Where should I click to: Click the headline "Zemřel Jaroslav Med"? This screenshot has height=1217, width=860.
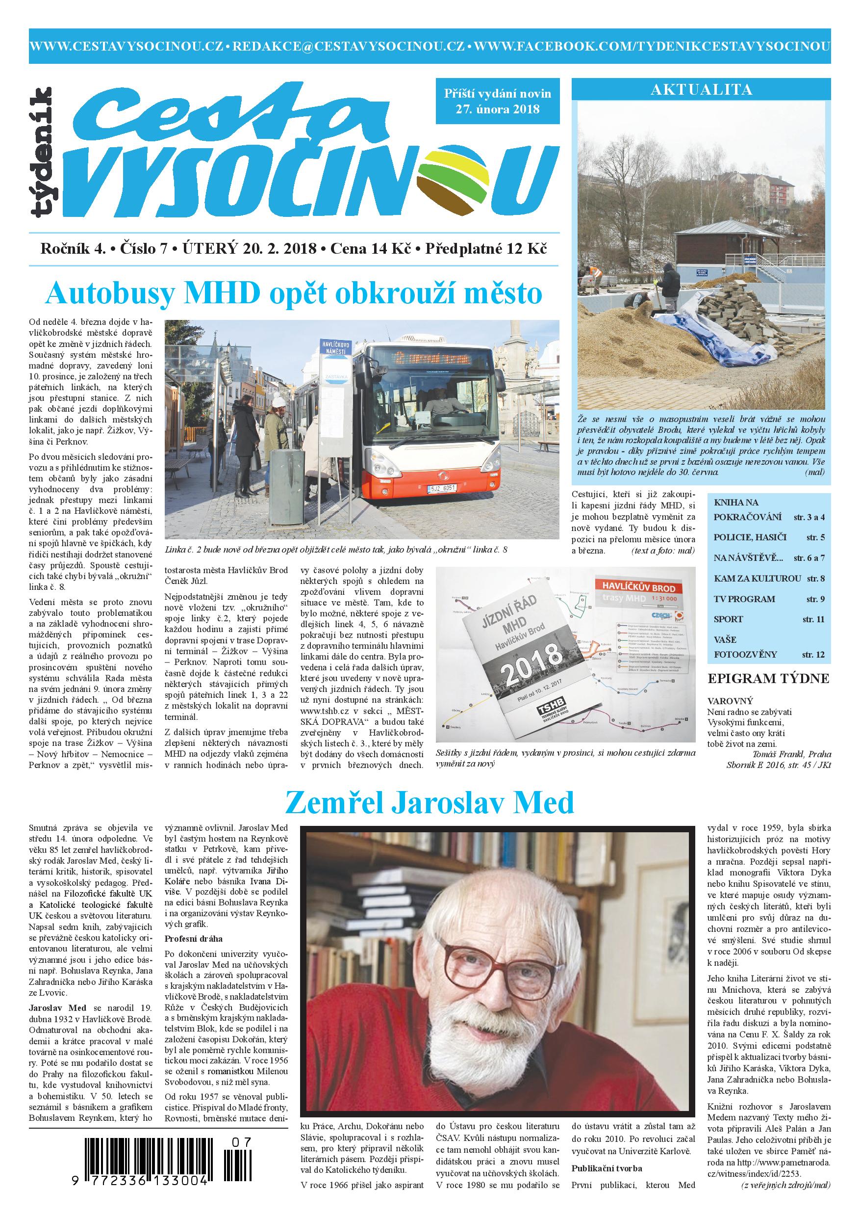(430, 802)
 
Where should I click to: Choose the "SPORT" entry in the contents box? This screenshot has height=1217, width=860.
(729, 619)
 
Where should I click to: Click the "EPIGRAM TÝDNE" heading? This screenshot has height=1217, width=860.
(768, 679)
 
